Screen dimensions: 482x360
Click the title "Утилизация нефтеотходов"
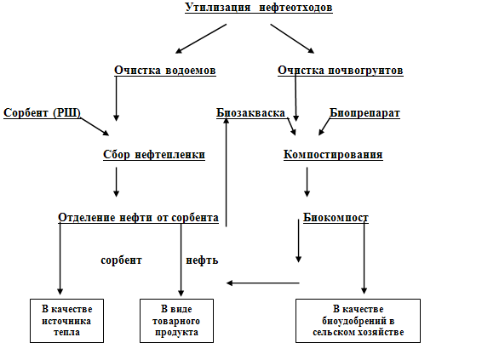click(259, 8)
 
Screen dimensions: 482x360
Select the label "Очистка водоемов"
click(165, 71)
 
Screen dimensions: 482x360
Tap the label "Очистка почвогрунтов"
click(341, 71)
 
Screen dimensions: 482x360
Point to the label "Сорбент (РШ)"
click(42, 112)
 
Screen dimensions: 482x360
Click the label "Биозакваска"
click(251, 112)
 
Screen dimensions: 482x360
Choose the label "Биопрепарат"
click(364, 112)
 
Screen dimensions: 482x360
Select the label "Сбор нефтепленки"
click(154, 155)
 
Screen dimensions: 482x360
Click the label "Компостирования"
click(333, 155)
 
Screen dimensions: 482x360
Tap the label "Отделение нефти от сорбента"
click(138, 218)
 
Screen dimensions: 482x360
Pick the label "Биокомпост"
click(336, 218)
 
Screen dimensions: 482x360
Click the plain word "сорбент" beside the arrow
click(121, 260)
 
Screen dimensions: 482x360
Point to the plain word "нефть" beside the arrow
click(202, 260)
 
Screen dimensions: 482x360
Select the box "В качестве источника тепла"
click(66, 321)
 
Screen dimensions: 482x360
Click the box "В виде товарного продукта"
click(176, 321)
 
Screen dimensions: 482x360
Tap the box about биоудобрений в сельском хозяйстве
click(358, 321)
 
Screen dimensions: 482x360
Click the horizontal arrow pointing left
click(263, 283)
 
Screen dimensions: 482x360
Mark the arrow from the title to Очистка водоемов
click(201, 38)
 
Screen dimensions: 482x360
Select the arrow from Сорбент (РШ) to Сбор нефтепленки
click(95, 127)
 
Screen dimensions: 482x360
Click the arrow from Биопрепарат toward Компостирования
click(324, 127)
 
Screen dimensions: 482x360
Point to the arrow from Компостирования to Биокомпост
click(307, 182)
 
